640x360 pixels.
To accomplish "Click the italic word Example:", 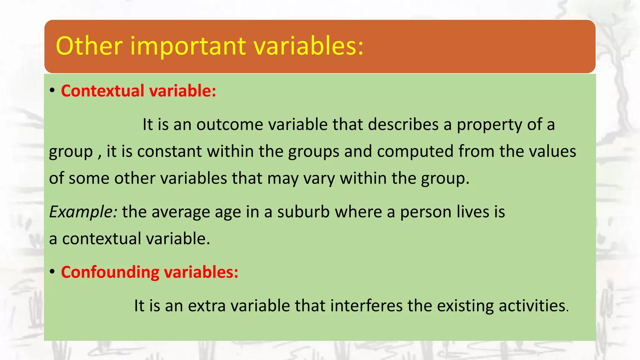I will [83, 212].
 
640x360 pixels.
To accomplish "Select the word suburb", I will [303, 212].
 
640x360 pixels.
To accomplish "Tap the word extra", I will [207, 306].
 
